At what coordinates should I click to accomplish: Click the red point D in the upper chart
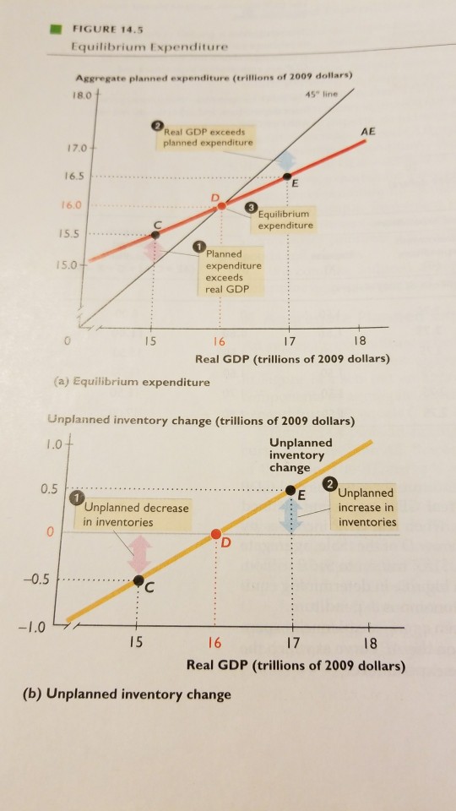click(220, 204)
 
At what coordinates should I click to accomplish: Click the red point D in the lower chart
click(216, 534)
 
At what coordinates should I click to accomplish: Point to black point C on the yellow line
click(138, 580)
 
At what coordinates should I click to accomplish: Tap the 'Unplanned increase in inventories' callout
click(365, 510)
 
